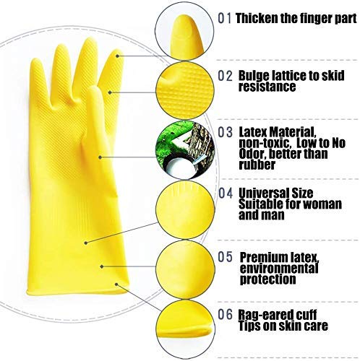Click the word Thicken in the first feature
[x=258, y=18]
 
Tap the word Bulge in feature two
[x=254, y=75]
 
